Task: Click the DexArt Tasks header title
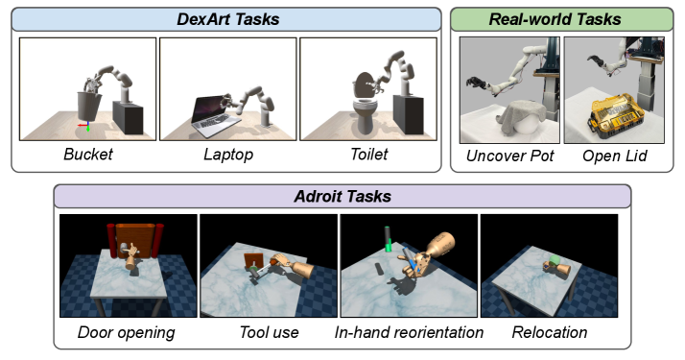227,19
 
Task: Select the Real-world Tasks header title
555,19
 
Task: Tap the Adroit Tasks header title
342,196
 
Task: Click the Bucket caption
88,155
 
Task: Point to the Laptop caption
228,155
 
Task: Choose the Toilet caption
368,155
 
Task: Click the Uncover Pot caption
509,156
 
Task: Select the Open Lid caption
614,156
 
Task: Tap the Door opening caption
127,332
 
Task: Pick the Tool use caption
269,332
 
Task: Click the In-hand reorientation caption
409,332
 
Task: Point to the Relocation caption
550,332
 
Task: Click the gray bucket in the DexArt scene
89,107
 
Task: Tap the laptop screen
207,109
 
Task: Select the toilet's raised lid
364,84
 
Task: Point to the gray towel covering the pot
521,114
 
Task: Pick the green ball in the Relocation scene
555,260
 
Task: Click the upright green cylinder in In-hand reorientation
388,239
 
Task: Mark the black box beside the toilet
409,113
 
